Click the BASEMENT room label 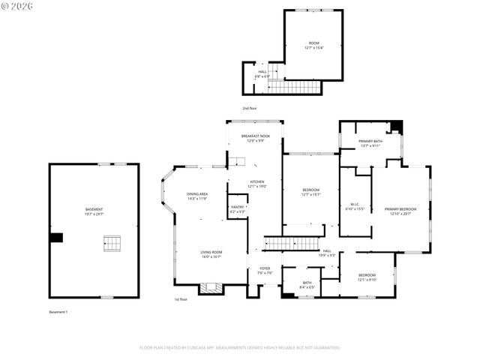click(x=94, y=211)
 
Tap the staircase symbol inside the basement click(x=112, y=243)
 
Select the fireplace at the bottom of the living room click(x=210, y=288)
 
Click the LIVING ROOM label click(x=211, y=254)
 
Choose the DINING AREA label click(x=197, y=196)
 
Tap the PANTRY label click(x=237, y=209)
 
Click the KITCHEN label click(x=257, y=184)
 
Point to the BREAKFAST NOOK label click(x=256, y=138)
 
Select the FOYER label click(x=265, y=270)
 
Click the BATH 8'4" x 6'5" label click(x=307, y=285)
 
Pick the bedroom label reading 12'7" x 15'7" click(x=310, y=192)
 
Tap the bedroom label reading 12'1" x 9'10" click(x=367, y=277)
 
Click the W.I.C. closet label click(x=355, y=206)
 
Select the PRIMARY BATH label click(x=370, y=143)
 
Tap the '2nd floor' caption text click(x=249, y=108)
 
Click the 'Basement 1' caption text click(x=58, y=311)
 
